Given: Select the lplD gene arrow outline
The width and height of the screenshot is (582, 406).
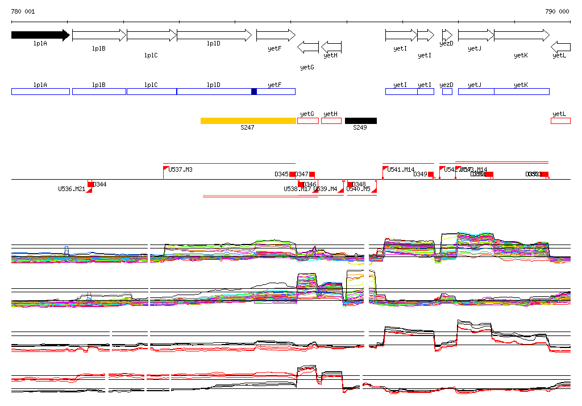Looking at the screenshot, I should pyautogui.click(x=214, y=35).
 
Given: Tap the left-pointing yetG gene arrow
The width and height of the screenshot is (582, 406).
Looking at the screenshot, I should pyautogui.click(x=308, y=47).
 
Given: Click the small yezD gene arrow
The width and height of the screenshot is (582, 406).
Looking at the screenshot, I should pyautogui.click(x=447, y=35).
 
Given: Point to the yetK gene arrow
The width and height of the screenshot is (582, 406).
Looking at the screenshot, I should pyautogui.click(x=521, y=35).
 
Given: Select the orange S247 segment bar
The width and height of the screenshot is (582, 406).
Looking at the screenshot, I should pyautogui.click(x=248, y=121).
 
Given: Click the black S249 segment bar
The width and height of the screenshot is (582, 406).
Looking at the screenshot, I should pyautogui.click(x=360, y=121).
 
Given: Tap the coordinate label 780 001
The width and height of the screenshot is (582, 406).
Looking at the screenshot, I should pyautogui.click(x=23, y=11).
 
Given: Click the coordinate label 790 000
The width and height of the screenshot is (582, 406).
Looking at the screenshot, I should pyautogui.click(x=557, y=11).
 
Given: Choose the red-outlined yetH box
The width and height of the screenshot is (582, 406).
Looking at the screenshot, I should pyautogui.click(x=331, y=121).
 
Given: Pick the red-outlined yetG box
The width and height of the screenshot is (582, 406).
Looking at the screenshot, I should pyautogui.click(x=307, y=121).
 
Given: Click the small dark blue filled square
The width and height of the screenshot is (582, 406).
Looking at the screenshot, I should pyautogui.click(x=254, y=92).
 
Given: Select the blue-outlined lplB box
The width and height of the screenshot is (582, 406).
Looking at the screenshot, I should pyautogui.click(x=99, y=92).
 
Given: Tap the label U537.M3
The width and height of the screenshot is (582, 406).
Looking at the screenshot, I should pyautogui.click(x=180, y=169).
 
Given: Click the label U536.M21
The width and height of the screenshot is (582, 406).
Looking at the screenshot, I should pyautogui.click(x=72, y=189).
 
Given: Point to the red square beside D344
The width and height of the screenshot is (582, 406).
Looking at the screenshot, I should pyautogui.click(x=90, y=184).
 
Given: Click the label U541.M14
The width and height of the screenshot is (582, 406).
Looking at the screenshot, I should pyautogui.click(x=401, y=169).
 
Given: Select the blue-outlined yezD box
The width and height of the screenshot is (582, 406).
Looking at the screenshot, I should pyautogui.click(x=447, y=92).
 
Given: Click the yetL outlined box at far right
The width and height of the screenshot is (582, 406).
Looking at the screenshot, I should pyautogui.click(x=560, y=121).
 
